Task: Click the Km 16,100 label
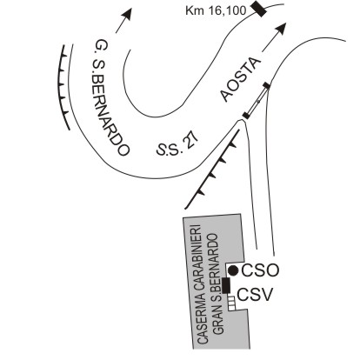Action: (216, 10)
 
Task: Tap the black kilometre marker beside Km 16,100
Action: (259, 9)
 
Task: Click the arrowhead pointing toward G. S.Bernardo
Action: (127, 14)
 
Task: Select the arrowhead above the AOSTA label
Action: (281, 29)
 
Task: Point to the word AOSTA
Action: (239, 80)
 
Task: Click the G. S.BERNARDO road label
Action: (109, 98)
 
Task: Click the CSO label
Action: (260, 270)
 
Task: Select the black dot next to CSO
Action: (233, 270)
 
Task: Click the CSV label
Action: (256, 296)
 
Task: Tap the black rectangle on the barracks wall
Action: (226, 285)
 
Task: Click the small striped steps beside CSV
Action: (231, 303)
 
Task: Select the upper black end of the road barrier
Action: (267, 85)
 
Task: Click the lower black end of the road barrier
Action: (246, 115)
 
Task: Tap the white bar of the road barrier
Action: (257, 100)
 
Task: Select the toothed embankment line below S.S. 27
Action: (212, 169)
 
